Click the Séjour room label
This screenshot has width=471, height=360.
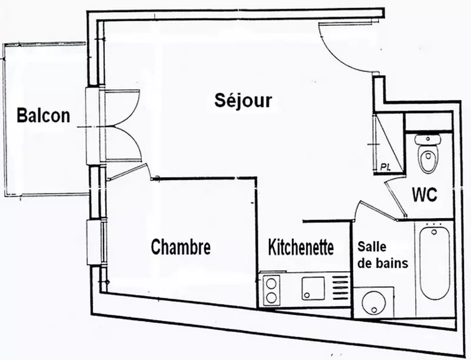click(243, 101)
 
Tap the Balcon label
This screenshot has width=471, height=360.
click(43, 115)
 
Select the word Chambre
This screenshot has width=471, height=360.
click(181, 247)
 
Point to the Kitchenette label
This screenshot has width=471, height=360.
click(301, 247)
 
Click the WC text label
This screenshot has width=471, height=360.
click(424, 195)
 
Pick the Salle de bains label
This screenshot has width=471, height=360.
click(383, 255)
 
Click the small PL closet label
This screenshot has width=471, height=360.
click(385, 167)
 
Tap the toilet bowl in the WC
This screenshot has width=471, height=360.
click(427, 158)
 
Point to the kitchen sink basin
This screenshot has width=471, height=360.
click(313, 288)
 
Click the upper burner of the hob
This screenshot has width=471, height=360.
click(271, 283)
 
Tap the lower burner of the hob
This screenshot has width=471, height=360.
click(271, 298)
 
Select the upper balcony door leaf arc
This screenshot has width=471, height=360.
click(122, 108)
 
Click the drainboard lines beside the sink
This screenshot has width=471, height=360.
click(341, 288)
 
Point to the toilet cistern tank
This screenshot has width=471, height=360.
click(428, 139)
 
